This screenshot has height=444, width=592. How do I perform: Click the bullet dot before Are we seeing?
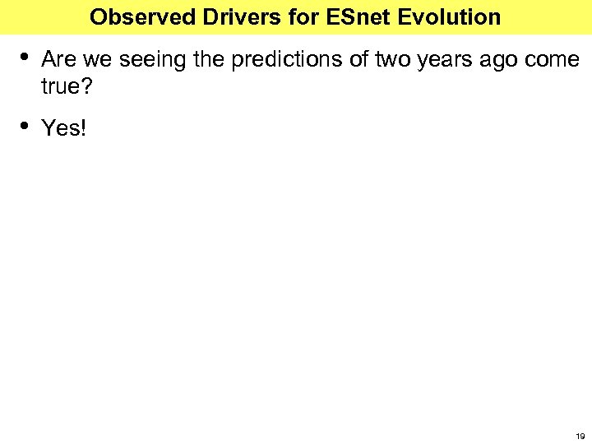pos(25,57)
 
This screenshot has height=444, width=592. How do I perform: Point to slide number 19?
pos(580,436)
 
